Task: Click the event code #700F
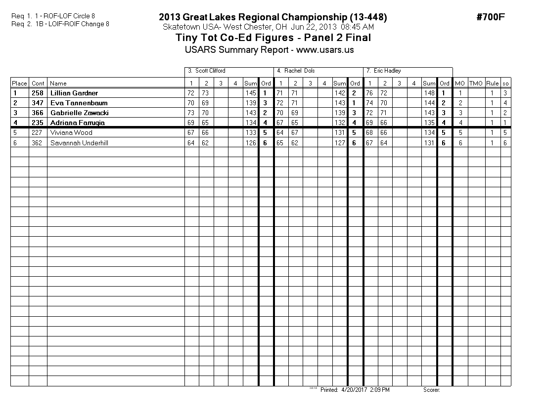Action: [x=490, y=17]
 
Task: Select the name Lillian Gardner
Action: [x=74, y=93]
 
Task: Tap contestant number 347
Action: [x=38, y=103]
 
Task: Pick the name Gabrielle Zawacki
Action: [x=79, y=113]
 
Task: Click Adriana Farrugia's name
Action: [x=78, y=123]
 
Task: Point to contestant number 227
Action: [x=38, y=132]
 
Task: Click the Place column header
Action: [x=19, y=84]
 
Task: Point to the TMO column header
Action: [x=476, y=84]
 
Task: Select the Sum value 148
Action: [x=429, y=93]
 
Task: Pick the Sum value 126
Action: [x=250, y=143]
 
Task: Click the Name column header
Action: [x=58, y=84]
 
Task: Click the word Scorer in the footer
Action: [x=431, y=390]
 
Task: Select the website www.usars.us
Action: [x=325, y=50]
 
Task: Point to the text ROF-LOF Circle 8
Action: [x=69, y=16]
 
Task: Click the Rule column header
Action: [x=492, y=84]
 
